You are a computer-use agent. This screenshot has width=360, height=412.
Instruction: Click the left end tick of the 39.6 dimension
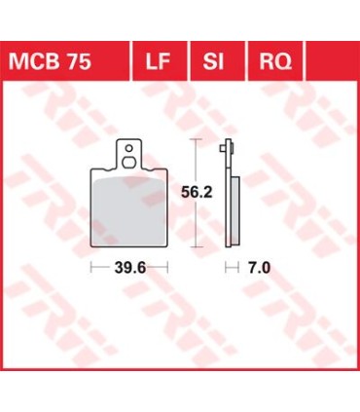(x=91, y=267)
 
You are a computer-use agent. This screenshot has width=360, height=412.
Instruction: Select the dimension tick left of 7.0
(x=228, y=267)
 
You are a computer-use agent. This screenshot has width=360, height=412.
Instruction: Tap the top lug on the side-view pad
(x=228, y=149)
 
